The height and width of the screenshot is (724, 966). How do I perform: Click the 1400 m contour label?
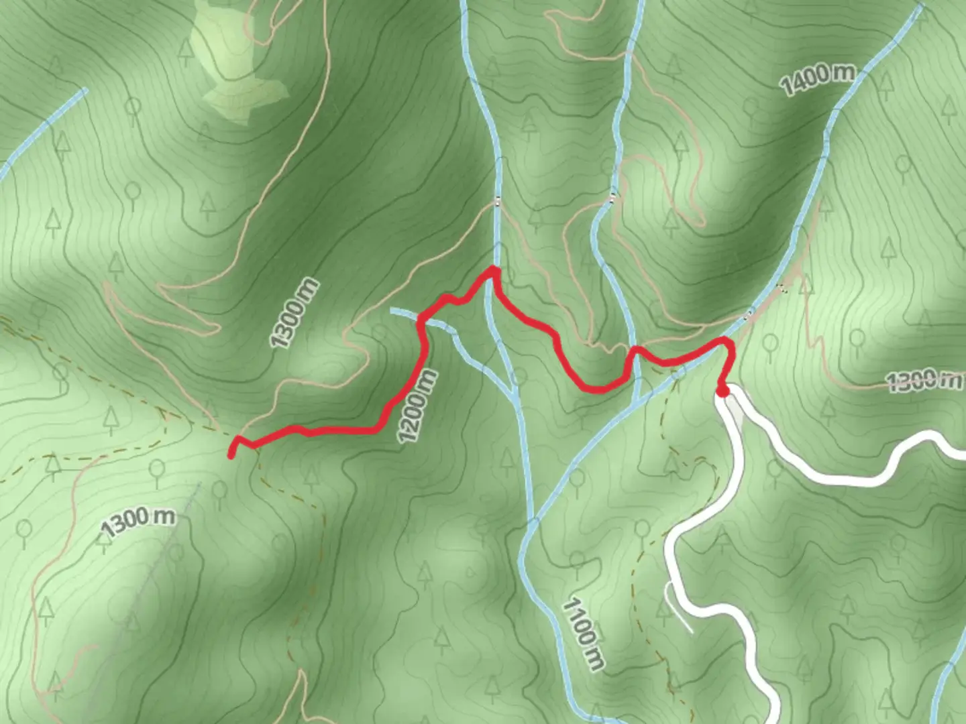[x=818, y=78]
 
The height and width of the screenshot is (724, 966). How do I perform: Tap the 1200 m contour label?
[x=417, y=406]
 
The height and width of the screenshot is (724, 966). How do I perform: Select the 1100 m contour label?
[x=583, y=634]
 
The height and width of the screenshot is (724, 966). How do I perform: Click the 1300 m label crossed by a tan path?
[x=924, y=380]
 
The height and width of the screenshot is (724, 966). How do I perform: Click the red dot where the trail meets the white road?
[x=722, y=391]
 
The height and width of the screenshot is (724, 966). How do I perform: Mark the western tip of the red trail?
[x=231, y=456]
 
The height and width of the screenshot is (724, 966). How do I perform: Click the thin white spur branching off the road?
[x=679, y=607]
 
